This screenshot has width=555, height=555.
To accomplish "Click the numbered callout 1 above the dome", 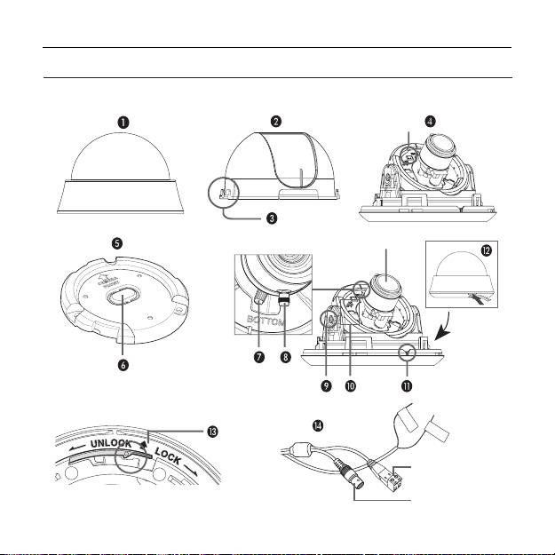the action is [x=123, y=123].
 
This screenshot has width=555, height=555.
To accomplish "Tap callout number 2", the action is [x=276, y=122].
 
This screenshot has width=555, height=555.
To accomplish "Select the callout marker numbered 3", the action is [x=272, y=218].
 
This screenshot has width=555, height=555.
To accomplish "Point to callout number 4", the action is [x=430, y=122].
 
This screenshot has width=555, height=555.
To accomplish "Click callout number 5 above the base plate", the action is [x=117, y=243].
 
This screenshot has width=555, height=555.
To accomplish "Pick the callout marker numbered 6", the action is [x=123, y=365].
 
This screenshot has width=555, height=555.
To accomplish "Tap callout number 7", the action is [x=259, y=357].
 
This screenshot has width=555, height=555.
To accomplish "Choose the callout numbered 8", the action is [x=285, y=357].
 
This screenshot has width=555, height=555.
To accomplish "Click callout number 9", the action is [x=326, y=385].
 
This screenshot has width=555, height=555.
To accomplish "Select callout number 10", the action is [x=350, y=385].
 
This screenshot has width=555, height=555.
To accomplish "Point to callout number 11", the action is [x=407, y=385].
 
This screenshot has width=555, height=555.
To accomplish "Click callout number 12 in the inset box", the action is [x=487, y=250].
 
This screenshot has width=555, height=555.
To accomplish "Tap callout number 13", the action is [x=213, y=432].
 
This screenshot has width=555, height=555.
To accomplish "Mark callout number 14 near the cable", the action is [x=318, y=425].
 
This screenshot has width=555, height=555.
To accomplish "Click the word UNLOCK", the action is [x=111, y=443].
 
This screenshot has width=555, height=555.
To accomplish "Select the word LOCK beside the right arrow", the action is [x=168, y=456].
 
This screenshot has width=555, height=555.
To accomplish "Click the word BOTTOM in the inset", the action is [x=266, y=321].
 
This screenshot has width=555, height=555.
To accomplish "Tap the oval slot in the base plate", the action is [x=123, y=294].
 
